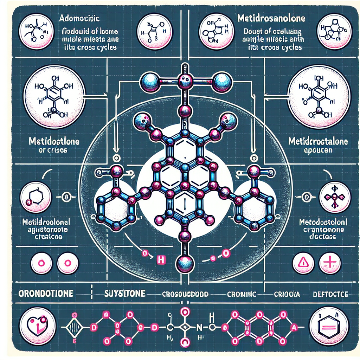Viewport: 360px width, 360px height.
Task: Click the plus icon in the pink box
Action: pos(329,262)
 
